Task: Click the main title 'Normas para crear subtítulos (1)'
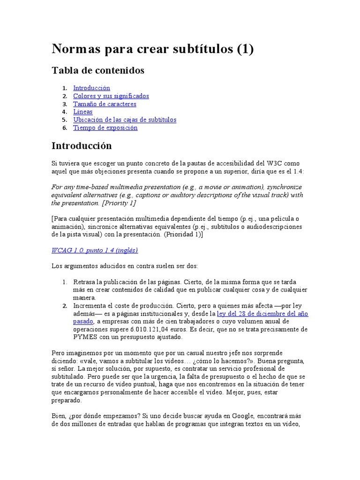[x=152, y=49]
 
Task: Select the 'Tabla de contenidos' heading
[x=98, y=70]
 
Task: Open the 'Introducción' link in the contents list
[x=91, y=88]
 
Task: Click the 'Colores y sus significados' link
[x=111, y=96]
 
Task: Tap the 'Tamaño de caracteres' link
[x=105, y=104]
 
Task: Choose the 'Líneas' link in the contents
[x=83, y=112]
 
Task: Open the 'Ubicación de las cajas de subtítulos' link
[x=125, y=120]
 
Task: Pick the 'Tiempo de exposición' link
[x=105, y=128]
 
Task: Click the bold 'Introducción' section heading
[x=82, y=146]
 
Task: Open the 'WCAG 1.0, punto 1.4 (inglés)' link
[x=95, y=250]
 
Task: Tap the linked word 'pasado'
[x=83, y=322]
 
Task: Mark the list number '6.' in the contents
[x=65, y=128]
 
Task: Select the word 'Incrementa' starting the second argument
[x=89, y=306]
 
